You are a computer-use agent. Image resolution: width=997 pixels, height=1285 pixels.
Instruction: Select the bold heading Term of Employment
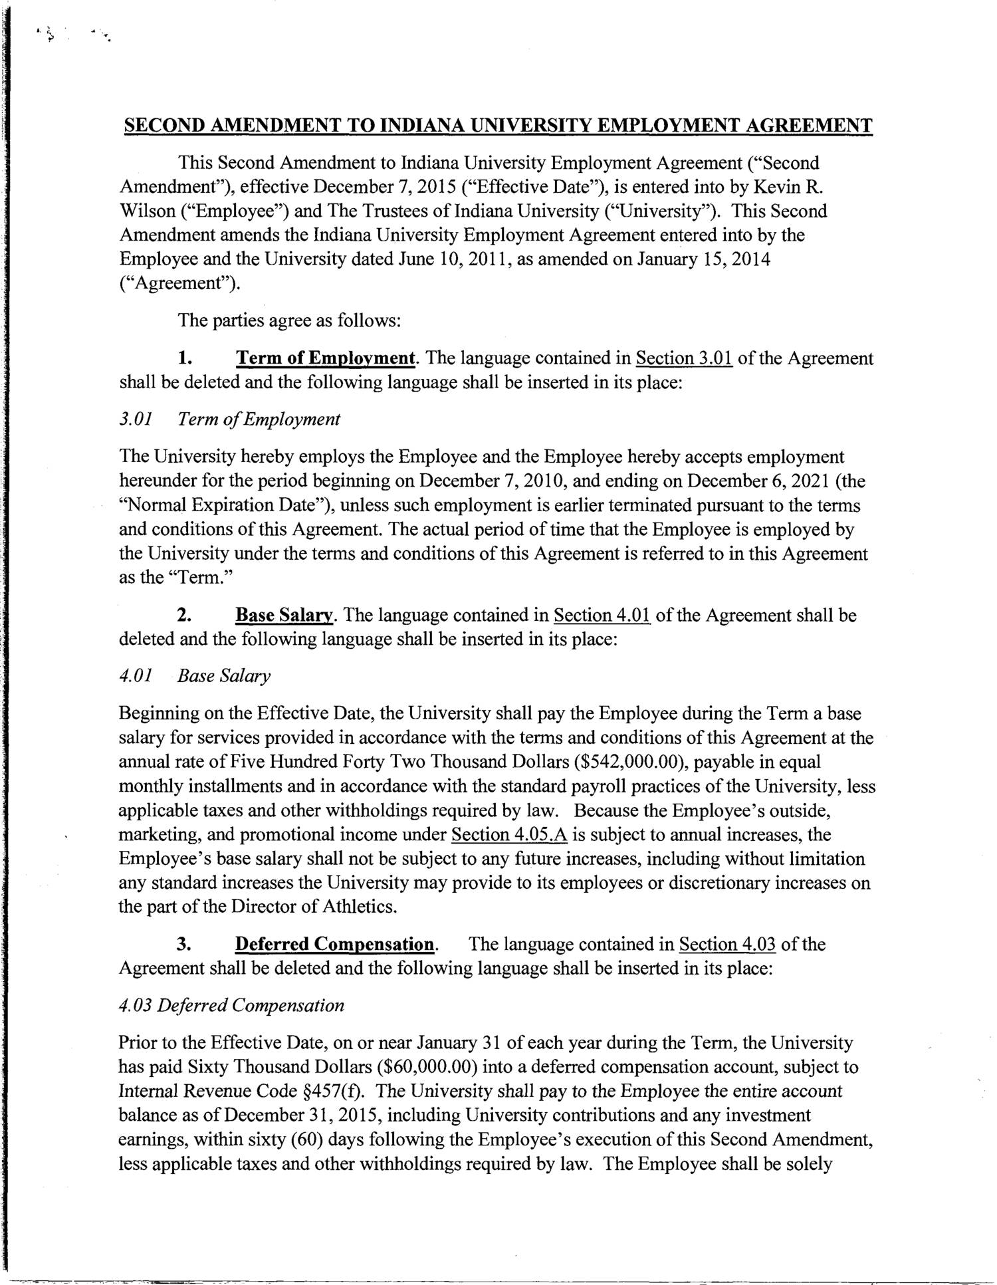(x=326, y=359)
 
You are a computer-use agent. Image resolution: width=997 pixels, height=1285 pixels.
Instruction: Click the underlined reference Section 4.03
(x=728, y=945)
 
